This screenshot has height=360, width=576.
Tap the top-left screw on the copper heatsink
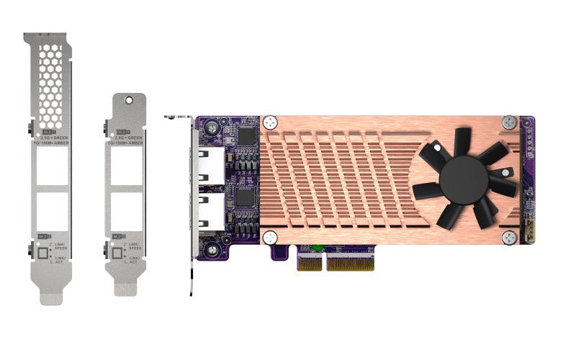point(270,123)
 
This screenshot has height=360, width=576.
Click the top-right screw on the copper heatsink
point(509,122)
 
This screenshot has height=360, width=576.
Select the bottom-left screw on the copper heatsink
point(269,237)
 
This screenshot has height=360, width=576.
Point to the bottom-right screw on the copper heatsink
point(509,238)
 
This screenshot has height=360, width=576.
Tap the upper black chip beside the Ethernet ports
point(246,136)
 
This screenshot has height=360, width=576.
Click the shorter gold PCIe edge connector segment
point(310,264)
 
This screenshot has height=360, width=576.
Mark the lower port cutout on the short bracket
point(127,211)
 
